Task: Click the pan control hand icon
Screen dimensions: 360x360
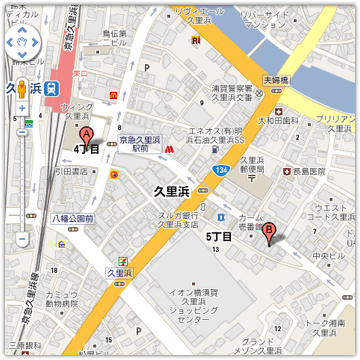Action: point(21,44)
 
